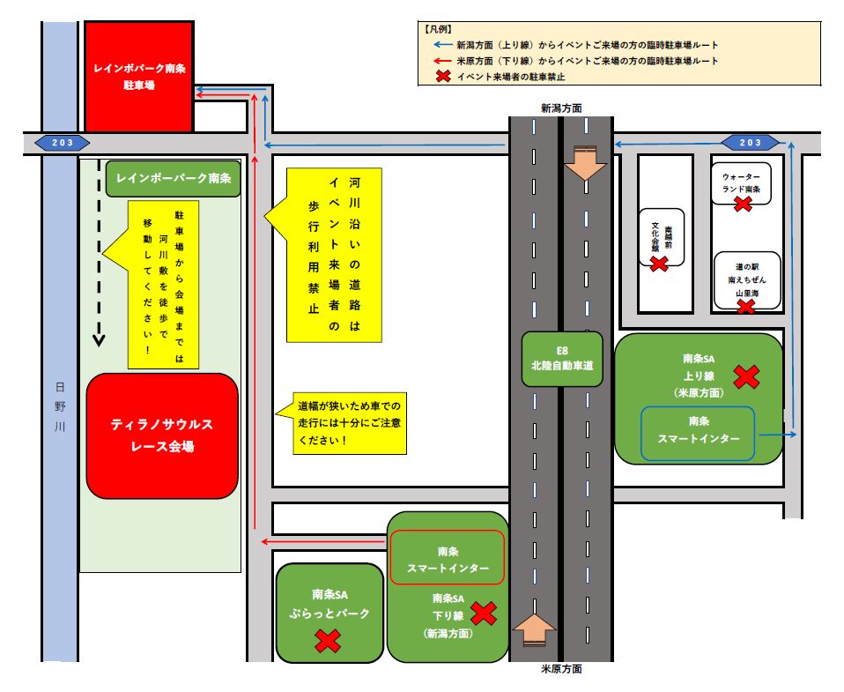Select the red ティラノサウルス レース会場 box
[162, 435]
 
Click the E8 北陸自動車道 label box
[562, 359]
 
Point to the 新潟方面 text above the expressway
[561, 108]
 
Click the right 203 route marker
[750, 143]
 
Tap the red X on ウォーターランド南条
[743, 204]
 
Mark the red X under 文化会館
[658, 263]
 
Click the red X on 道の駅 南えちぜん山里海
[745, 306]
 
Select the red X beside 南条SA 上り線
[746, 377]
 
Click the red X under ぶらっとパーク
[328, 640]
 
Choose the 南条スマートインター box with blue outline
[698, 433]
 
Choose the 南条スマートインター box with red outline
[448, 557]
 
